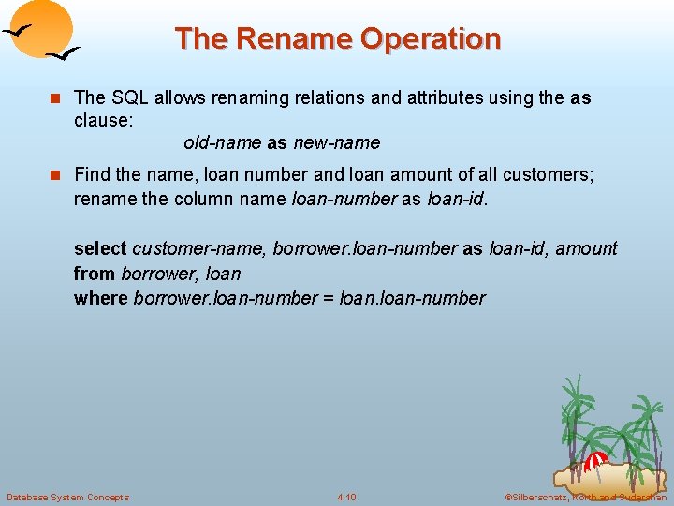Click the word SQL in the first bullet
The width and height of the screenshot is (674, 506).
tap(131, 97)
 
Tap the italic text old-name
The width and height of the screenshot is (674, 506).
tap(222, 143)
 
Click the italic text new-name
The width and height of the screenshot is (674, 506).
tap(337, 143)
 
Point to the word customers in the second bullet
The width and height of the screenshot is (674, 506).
tap(551, 174)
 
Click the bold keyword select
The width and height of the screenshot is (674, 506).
tap(100, 248)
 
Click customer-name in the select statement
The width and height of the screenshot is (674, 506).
tap(198, 248)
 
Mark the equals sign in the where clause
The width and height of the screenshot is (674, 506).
tap(328, 298)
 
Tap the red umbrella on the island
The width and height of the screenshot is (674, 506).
tap(596, 460)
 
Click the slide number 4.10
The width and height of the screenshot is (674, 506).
tap(346, 497)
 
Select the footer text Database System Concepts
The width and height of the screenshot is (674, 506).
tap(67, 497)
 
